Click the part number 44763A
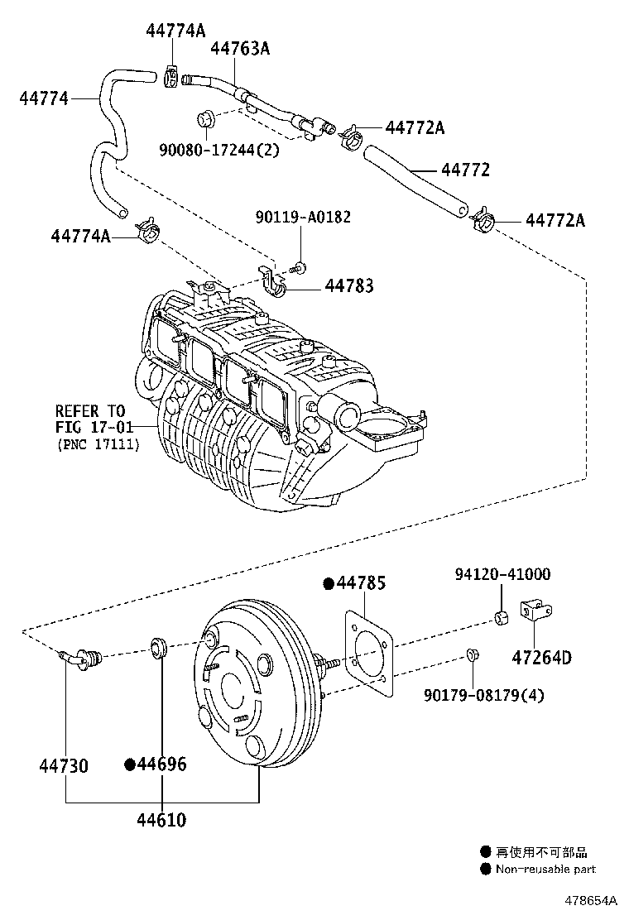pyautogui.click(x=239, y=49)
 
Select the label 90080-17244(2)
pyautogui.click(x=218, y=150)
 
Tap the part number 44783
pyautogui.click(x=348, y=286)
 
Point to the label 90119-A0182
pyautogui.click(x=302, y=217)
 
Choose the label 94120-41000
pyautogui.click(x=502, y=574)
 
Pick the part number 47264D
pyautogui.click(x=543, y=659)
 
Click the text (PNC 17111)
pyautogui.click(x=98, y=444)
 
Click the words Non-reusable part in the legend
pyautogui.click(x=545, y=869)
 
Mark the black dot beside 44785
pyautogui.click(x=329, y=584)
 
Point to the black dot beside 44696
pyautogui.click(x=130, y=764)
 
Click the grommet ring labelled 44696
pyautogui.click(x=160, y=647)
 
